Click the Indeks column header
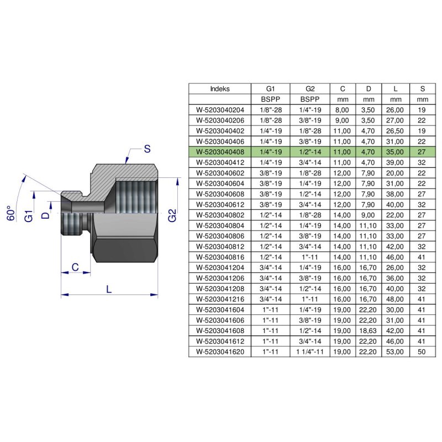click(x=220, y=89)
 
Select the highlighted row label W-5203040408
click(x=220, y=152)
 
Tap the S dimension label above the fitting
click(x=147, y=149)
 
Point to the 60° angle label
click(x=10, y=213)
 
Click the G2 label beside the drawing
click(x=172, y=215)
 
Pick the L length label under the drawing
click(x=109, y=289)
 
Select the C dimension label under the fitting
click(x=75, y=267)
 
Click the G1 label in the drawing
click(x=29, y=216)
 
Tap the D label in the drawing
click(x=45, y=215)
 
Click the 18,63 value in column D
click(x=368, y=330)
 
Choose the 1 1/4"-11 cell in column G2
click(x=310, y=352)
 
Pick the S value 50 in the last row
click(x=422, y=352)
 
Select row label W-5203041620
click(x=220, y=352)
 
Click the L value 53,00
click(x=395, y=352)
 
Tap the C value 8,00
click(x=342, y=110)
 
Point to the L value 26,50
click(x=395, y=131)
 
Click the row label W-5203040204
click(x=220, y=110)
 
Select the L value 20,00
click(x=395, y=173)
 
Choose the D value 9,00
click(x=368, y=215)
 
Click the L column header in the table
click(x=396, y=89)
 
